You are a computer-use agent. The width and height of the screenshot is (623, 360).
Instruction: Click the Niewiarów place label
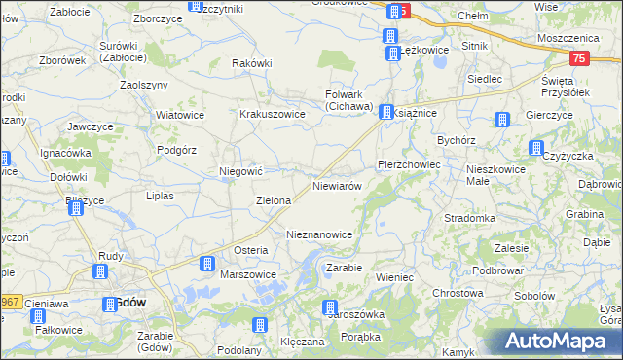coord(338,185)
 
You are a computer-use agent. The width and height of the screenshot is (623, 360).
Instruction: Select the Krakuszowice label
coord(273,114)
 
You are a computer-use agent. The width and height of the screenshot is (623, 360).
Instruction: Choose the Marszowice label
coord(248,274)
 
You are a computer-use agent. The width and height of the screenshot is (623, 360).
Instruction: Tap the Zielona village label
coord(274,200)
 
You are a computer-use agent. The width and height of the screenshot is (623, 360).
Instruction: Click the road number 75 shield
coord(580,59)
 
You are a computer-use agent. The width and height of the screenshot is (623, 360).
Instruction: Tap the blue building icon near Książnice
coord(386,113)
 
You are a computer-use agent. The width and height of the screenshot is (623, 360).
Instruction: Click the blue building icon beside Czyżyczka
coord(535,148)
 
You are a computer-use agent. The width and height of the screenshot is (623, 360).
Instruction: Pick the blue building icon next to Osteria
coord(207,264)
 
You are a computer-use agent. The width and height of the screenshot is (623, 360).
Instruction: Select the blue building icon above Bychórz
coord(501,121)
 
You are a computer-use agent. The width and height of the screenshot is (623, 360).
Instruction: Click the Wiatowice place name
coord(179,114)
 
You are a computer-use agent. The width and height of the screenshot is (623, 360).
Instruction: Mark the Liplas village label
coord(159,196)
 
